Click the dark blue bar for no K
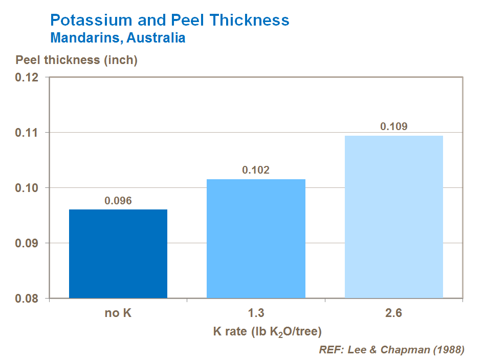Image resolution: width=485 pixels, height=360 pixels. pos(118,253)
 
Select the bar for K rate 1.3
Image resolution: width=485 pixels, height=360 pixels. pos(256,239)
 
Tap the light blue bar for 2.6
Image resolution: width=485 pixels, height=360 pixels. pos(393,217)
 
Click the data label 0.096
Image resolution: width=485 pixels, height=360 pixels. pos(118,201)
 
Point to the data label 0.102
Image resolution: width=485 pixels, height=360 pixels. pos(256,171)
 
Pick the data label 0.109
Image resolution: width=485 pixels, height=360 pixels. pos(393,126)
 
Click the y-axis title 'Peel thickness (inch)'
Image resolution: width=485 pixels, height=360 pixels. pos(77,60)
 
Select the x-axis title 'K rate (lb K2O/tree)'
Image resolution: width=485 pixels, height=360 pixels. pos(267,332)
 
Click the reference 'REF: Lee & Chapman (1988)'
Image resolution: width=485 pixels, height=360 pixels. pos(391,350)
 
